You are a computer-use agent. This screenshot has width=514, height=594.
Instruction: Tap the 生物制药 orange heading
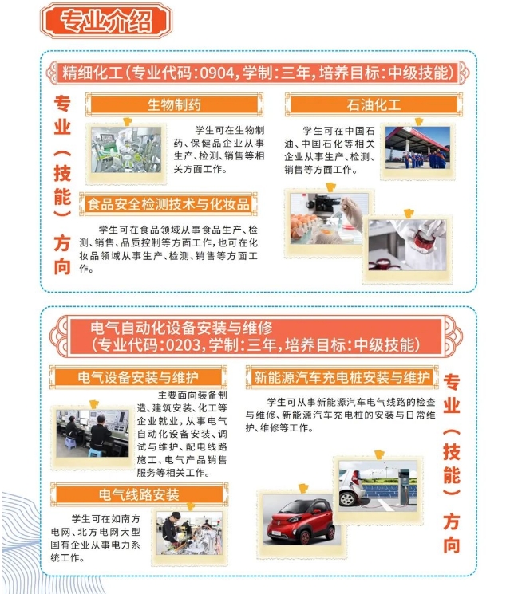[174, 104]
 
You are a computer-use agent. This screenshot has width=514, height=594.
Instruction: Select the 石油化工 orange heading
[374, 104]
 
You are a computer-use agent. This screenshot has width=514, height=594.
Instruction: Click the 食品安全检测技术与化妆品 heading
[168, 204]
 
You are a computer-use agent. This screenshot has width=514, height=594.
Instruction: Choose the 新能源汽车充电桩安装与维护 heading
[342, 376]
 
